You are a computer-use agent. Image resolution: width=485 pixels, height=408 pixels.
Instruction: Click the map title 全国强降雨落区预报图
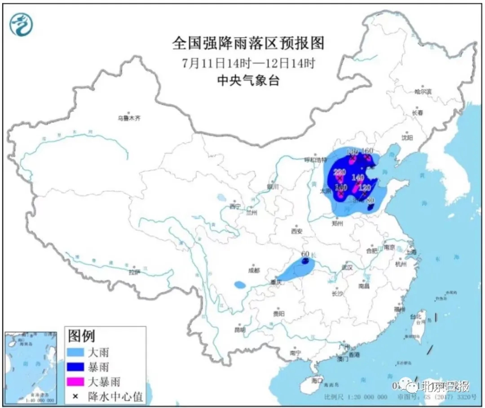248,43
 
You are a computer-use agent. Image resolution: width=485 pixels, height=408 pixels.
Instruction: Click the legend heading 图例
81,335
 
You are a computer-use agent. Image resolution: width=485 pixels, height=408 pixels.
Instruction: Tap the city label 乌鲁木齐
129,118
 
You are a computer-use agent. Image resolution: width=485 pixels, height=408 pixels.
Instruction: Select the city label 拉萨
134,272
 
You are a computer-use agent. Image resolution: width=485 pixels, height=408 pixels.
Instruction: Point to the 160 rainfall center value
367,151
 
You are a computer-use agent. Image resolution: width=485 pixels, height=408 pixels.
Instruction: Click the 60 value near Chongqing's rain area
305,254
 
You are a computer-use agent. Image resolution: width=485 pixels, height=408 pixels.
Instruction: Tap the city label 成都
254,270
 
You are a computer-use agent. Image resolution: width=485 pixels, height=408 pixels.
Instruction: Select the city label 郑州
337,222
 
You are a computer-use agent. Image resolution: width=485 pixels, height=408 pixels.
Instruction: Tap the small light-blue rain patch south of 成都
240,284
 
